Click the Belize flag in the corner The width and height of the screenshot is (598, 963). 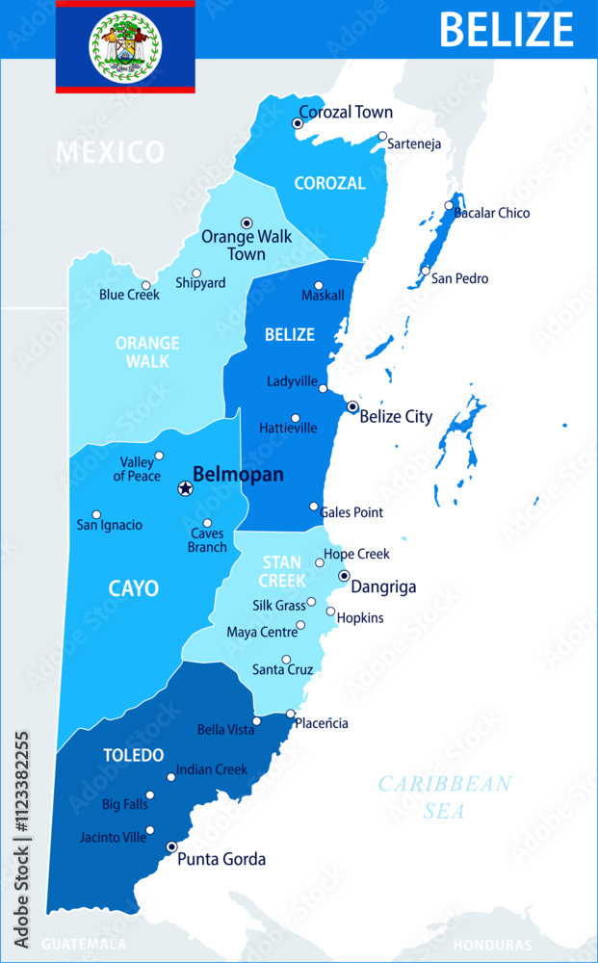click(125, 46)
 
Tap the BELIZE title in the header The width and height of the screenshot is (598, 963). click(507, 29)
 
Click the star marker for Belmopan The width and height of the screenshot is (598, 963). click(185, 489)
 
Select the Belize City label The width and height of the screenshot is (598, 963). click(396, 417)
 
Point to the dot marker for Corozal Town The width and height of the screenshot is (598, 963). click(298, 123)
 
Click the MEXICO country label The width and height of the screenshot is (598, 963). click(110, 152)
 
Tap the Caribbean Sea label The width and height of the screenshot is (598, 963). click(444, 797)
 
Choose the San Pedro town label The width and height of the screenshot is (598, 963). click(459, 278)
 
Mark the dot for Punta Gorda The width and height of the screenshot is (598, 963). click(171, 847)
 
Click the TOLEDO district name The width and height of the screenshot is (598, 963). click(134, 756)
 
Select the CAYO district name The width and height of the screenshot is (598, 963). click(134, 588)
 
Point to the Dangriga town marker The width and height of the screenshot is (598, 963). click(344, 576)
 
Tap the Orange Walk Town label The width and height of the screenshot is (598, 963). click(233, 246)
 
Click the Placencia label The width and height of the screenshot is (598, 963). click(322, 723)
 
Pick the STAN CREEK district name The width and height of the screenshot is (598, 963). click(282, 571)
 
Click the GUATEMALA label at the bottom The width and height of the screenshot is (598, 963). click(84, 945)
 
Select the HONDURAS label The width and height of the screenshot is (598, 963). click(492, 946)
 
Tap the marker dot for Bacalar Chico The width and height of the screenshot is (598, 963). click(449, 205)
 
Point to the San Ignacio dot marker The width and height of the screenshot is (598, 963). click(96, 515)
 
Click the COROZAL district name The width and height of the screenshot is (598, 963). click(330, 183)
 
